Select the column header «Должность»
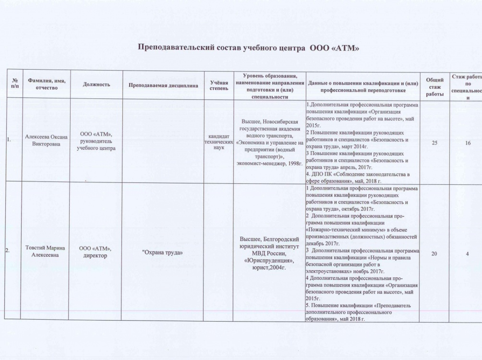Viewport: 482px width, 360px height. click(96, 84)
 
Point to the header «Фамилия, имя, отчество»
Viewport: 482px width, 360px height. click(47, 84)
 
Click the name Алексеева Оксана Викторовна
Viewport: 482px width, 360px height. click(47, 140)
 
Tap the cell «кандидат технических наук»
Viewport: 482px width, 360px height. click(216, 141)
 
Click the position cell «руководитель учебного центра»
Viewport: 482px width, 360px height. click(96, 141)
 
